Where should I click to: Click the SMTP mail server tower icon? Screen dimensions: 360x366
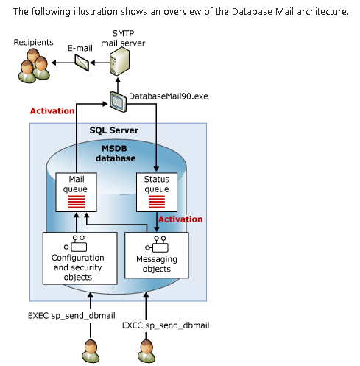tap(119, 61)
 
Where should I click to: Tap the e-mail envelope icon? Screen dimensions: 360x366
tap(82, 63)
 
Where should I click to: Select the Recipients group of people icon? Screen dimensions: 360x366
tap(35, 66)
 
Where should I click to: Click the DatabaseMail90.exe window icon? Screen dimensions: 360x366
tap(118, 102)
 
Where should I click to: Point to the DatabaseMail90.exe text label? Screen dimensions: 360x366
tap(169, 96)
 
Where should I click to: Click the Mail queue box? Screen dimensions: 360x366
tap(76, 192)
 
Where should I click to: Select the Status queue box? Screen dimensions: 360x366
tap(157, 192)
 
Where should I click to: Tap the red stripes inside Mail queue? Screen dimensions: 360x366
tap(77, 202)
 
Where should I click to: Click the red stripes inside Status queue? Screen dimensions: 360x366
tap(157, 202)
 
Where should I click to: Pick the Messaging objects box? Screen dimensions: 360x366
tap(157, 256)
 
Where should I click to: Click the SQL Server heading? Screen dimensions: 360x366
tap(114, 130)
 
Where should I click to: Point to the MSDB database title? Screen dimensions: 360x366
tap(116, 153)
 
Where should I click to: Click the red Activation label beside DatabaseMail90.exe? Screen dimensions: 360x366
tap(52, 111)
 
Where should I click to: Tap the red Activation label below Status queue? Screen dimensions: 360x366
tap(180, 219)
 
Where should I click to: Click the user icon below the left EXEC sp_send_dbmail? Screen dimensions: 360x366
tap(91, 351)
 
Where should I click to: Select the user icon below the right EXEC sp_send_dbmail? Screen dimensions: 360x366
tap(147, 351)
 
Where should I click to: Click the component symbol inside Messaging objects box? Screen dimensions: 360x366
tap(157, 244)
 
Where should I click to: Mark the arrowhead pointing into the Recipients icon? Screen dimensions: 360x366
tap(54, 63)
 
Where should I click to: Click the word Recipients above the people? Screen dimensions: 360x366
tap(33, 43)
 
